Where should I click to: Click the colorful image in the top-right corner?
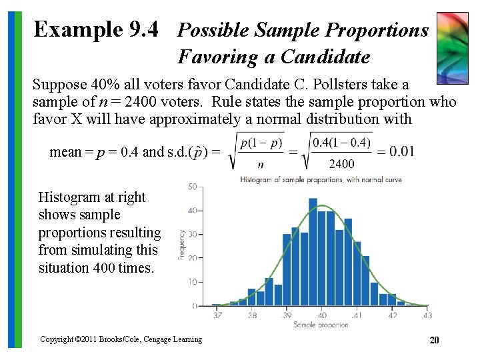click(452, 46)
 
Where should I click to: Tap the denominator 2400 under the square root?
click(341, 163)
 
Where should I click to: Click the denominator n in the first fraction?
click(261, 164)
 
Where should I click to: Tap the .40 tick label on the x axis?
click(321, 315)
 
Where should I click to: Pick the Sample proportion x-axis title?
click(321, 325)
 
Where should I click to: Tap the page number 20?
click(434, 340)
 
